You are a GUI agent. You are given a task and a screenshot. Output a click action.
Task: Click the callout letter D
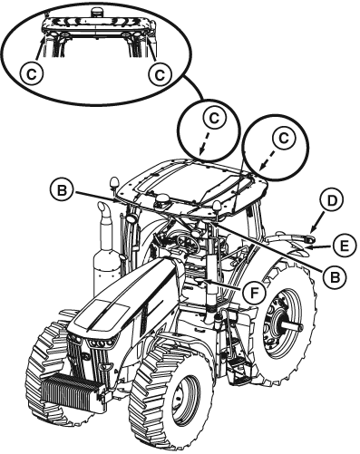pyautogui.click(x=332, y=201)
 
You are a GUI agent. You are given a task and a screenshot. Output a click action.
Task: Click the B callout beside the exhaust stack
pyautogui.click(x=62, y=190)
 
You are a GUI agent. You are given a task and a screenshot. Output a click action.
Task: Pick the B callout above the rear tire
pyautogui.click(x=335, y=276)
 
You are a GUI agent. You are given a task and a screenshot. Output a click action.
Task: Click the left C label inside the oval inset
pyautogui.click(x=32, y=73)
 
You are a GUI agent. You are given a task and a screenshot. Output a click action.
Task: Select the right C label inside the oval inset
pyautogui.click(x=160, y=73)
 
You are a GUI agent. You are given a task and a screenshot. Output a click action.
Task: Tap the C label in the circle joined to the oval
pyautogui.click(x=214, y=118)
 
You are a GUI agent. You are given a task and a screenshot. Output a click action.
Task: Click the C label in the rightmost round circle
pyautogui.click(x=283, y=139)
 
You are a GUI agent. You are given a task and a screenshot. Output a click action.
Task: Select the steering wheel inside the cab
pyautogui.click(x=188, y=240)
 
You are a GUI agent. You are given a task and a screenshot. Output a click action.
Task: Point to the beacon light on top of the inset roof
pyautogui.click(x=96, y=14)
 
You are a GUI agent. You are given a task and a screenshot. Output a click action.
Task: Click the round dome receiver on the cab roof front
pyautogui.click(x=161, y=200)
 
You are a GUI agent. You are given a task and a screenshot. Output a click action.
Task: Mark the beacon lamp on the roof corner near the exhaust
pyautogui.click(x=114, y=183)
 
